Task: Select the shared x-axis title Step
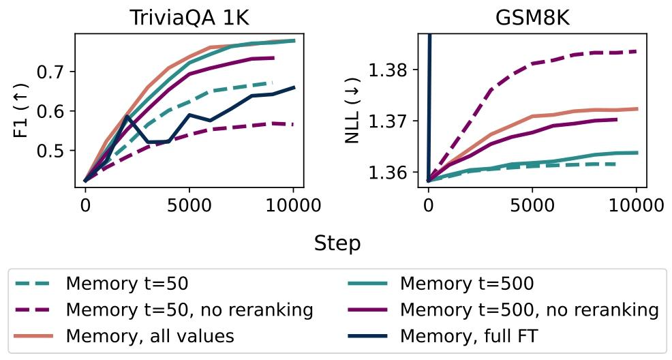337,243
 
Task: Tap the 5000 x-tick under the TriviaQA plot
189,205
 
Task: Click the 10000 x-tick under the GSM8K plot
636,205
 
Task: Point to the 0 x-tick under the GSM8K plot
428,205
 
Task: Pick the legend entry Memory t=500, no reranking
529,310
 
